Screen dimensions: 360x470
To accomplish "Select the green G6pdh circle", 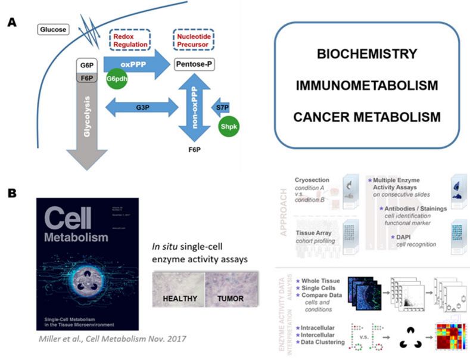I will pos(116,80).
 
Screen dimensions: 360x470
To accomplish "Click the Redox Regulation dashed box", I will pos(130,41).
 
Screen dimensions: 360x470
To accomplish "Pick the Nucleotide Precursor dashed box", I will pos(194,41).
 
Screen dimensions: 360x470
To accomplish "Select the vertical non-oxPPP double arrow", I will pos(195,107).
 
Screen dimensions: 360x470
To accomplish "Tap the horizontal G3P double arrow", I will pos(141,108).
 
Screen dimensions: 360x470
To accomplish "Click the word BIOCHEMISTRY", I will pos(366,54).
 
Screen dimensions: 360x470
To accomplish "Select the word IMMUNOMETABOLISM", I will pos(366,85).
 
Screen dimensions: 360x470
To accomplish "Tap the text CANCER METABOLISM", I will pos(366,117).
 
